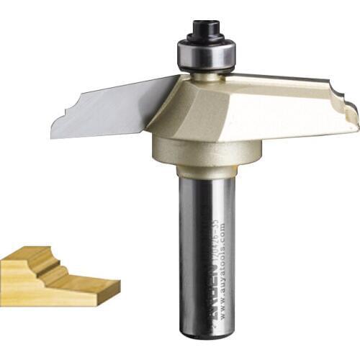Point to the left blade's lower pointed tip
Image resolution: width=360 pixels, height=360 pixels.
click(55, 136)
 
